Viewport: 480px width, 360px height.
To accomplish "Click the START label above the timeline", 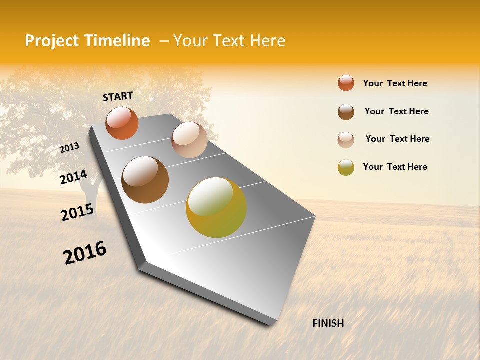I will [x=118, y=96].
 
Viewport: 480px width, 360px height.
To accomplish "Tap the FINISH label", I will [x=328, y=323].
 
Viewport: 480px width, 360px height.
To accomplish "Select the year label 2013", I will [x=70, y=148].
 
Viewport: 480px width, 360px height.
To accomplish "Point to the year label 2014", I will [x=73, y=177].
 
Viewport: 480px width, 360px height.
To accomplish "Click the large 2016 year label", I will [x=85, y=253].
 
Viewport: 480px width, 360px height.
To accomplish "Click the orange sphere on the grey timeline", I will [x=122, y=123].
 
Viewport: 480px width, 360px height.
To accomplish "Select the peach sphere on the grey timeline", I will [x=189, y=140].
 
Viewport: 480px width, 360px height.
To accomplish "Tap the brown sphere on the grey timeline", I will [x=145, y=180].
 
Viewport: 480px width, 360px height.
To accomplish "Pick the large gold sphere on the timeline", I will [x=216, y=207].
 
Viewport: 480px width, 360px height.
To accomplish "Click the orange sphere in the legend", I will [x=346, y=83].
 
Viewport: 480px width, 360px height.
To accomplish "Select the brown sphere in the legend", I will [x=346, y=112].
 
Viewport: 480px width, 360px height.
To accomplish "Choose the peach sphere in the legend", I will [x=346, y=139].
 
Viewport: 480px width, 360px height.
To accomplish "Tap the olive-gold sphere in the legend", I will [x=346, y=167].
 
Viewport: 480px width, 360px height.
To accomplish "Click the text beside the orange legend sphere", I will [x=395, y=83].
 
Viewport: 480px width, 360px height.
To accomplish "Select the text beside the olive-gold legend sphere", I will [x=395, y=167].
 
